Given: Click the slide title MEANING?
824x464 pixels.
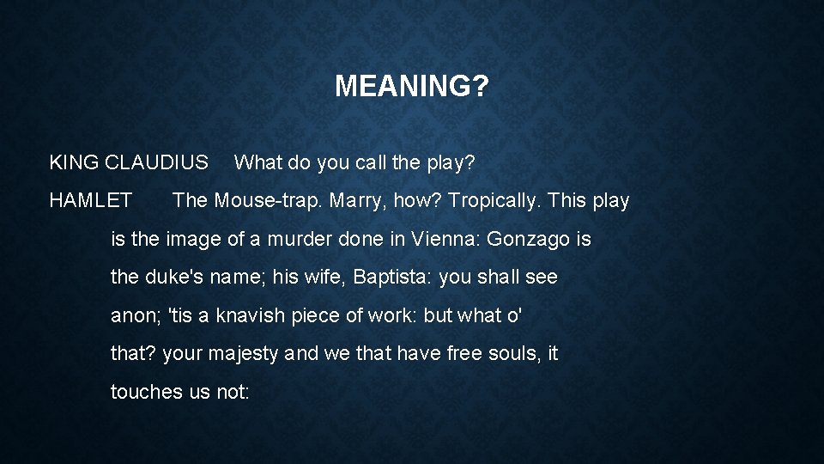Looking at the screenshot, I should (412, 86).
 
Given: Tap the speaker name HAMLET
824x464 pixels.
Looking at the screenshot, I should (91, 201).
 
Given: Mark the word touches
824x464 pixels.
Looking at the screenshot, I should (145, 392).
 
